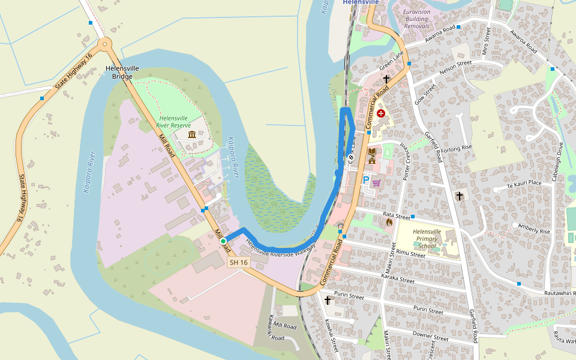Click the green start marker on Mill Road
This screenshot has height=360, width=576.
tap(223, 241)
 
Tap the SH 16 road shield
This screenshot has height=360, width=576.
tap(238, 262)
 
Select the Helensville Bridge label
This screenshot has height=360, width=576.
tap(122, 72)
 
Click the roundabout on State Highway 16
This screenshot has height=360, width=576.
tap(105, 43)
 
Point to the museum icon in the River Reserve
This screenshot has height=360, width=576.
tap(191, 135)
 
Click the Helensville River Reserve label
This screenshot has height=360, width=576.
tap(173, 122)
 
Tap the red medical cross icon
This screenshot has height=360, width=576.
tap(380, 113)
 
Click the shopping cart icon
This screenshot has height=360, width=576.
tap(377, 183)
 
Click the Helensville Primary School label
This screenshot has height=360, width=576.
tap(427, 239)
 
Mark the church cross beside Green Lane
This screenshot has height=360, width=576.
tap(386, 79)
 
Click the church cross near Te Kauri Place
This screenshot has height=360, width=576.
tap(460, 196)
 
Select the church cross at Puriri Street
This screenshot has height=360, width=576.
tap(328, 300)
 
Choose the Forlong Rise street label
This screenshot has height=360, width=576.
tap(457, 148)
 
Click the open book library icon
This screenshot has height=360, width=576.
tap(372, 151)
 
